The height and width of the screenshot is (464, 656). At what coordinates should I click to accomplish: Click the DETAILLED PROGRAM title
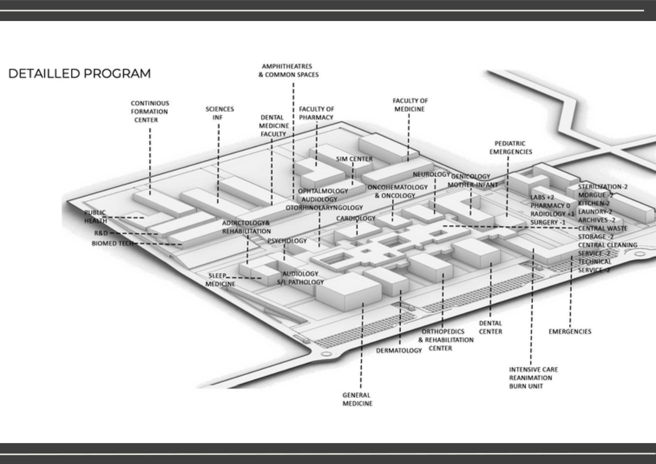coord(79,73)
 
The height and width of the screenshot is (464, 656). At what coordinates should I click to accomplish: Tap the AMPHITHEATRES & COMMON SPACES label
coord(288,70)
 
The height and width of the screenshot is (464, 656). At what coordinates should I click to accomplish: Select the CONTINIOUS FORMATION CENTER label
coord(149,111)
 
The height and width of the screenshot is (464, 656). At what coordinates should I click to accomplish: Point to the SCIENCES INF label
coord(219,113)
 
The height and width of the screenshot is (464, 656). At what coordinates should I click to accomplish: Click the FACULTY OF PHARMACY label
coord(316,113)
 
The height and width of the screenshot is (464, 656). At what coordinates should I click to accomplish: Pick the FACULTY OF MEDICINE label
coord(410,105)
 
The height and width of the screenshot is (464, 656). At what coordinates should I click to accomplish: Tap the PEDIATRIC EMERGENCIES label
coord(511,147)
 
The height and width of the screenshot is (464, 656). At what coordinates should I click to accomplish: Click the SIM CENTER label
coord(354,159)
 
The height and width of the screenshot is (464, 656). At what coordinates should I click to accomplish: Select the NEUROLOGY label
coord(431,174)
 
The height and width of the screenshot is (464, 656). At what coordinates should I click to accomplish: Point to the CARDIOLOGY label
coord(356,218)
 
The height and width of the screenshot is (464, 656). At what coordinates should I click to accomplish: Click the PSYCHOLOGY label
coord(287,241)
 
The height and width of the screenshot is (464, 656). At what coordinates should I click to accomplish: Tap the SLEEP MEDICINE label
coord(219,280)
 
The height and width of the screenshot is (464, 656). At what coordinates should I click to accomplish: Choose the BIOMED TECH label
coord(112,243)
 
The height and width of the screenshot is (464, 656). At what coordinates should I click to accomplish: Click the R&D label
coord(101,233)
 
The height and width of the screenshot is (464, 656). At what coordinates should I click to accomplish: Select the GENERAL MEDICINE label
coord(357,399)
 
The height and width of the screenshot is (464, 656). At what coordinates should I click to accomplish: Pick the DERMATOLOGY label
coord(399,350)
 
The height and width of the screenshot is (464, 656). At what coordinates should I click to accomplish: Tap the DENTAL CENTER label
coord(490,327)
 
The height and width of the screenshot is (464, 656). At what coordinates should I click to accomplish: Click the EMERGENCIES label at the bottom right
coord(570,331)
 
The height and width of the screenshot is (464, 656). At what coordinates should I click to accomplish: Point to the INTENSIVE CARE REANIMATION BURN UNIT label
coord(533,377)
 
